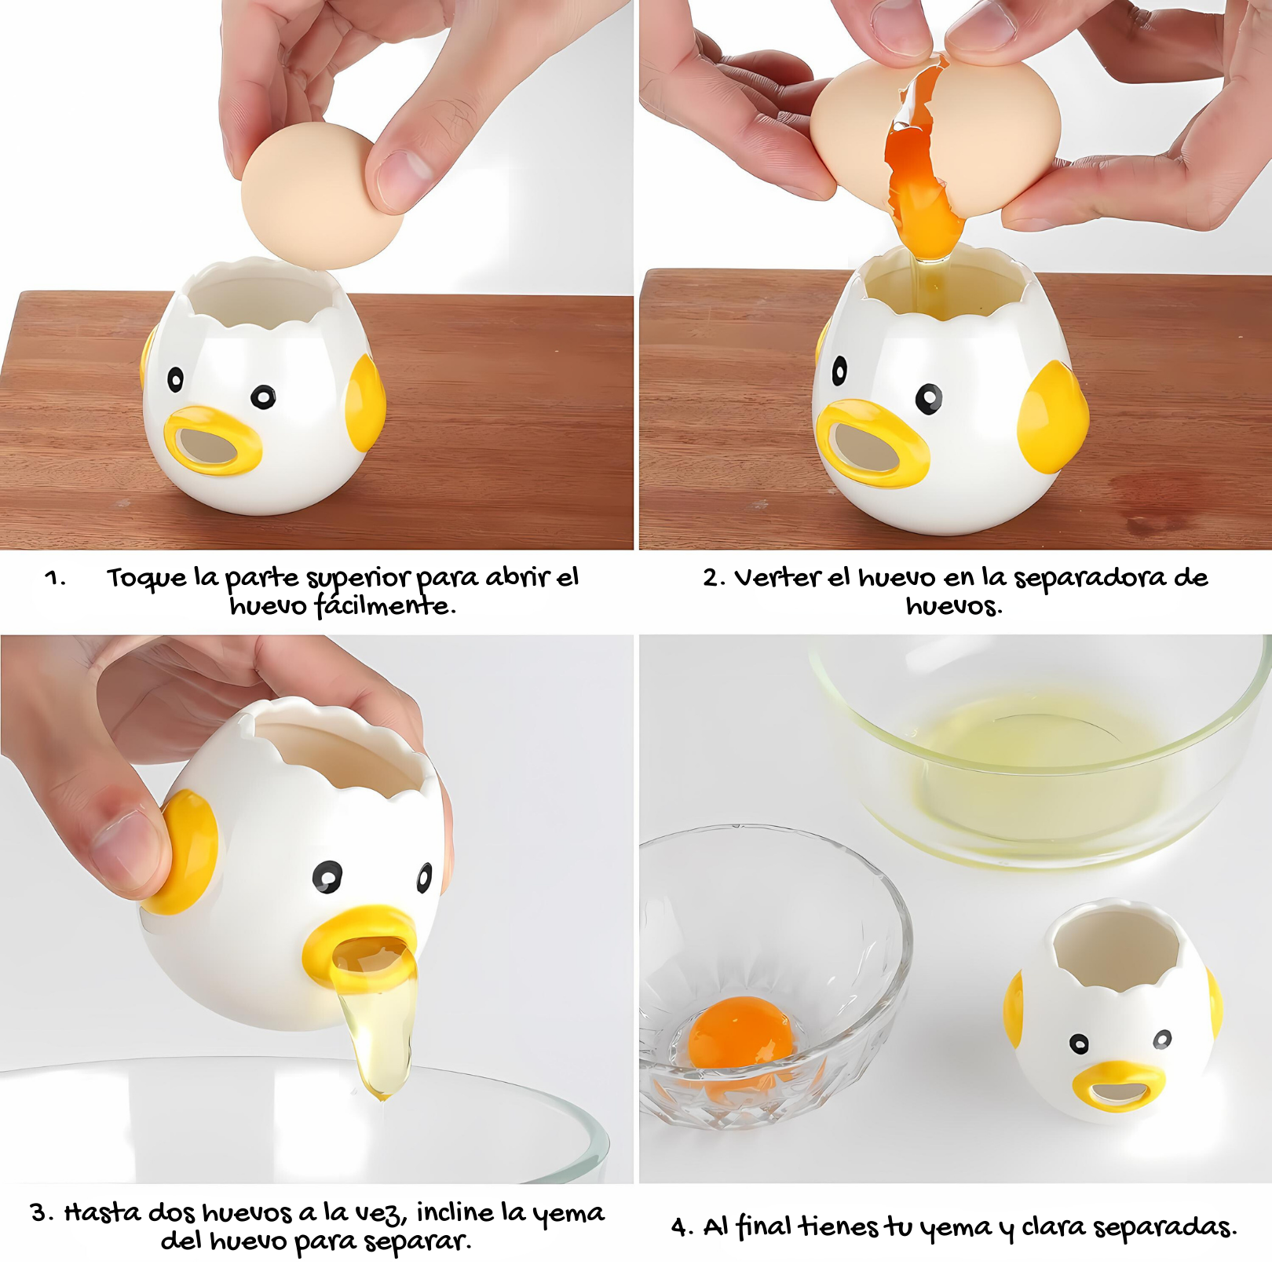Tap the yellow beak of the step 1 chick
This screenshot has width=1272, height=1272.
tap(213, 440)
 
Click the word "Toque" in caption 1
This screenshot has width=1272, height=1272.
tap(147, 579)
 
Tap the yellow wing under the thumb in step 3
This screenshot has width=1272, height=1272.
tap(186, 852)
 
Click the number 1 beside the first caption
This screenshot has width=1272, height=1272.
tap(55, 579)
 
